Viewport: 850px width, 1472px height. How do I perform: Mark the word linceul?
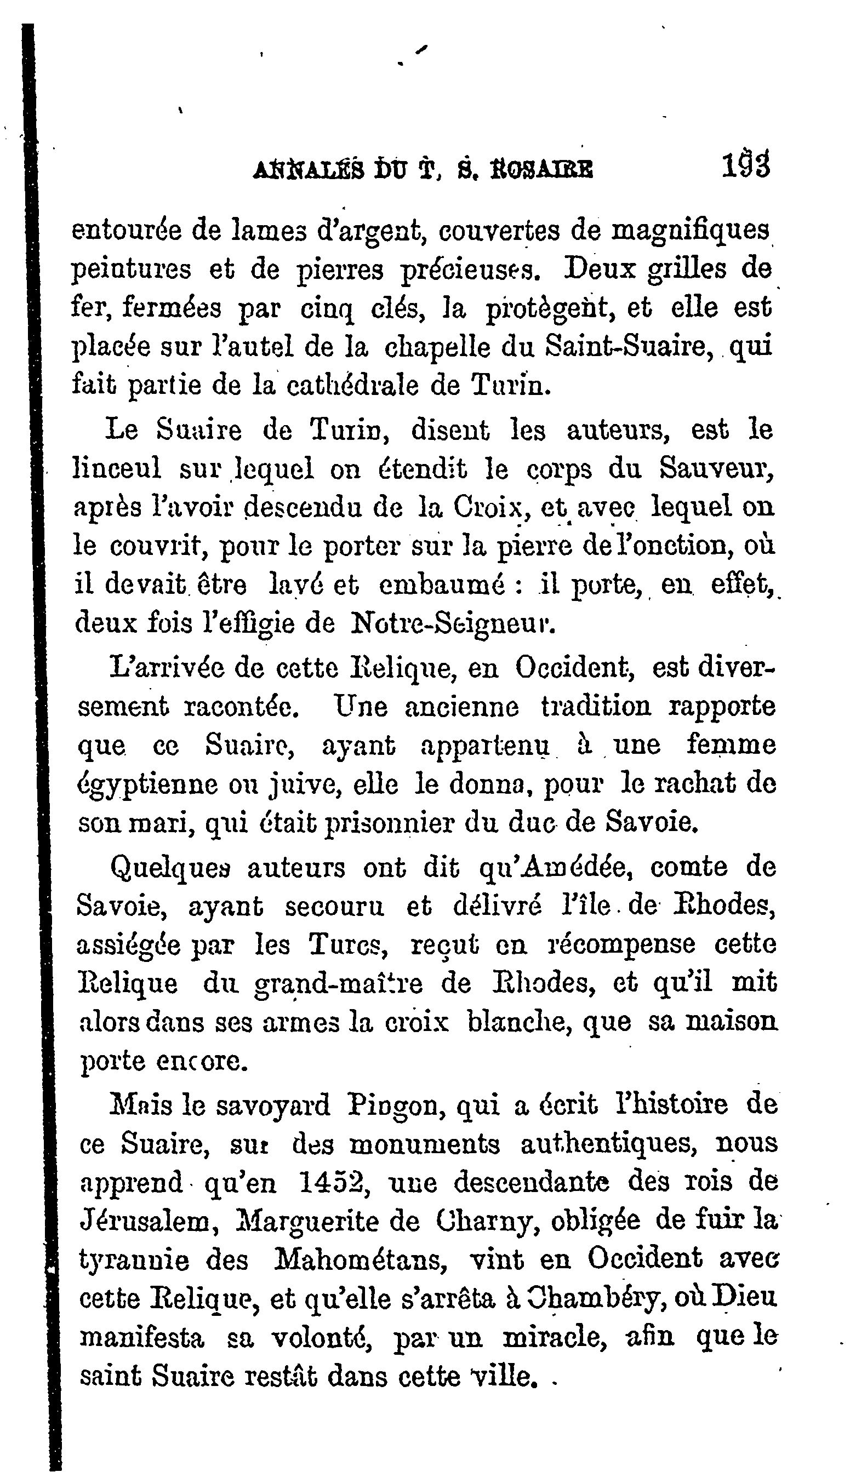116,468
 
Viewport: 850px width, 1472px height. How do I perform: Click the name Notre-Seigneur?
453,623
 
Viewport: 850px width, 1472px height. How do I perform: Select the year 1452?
331,1182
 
